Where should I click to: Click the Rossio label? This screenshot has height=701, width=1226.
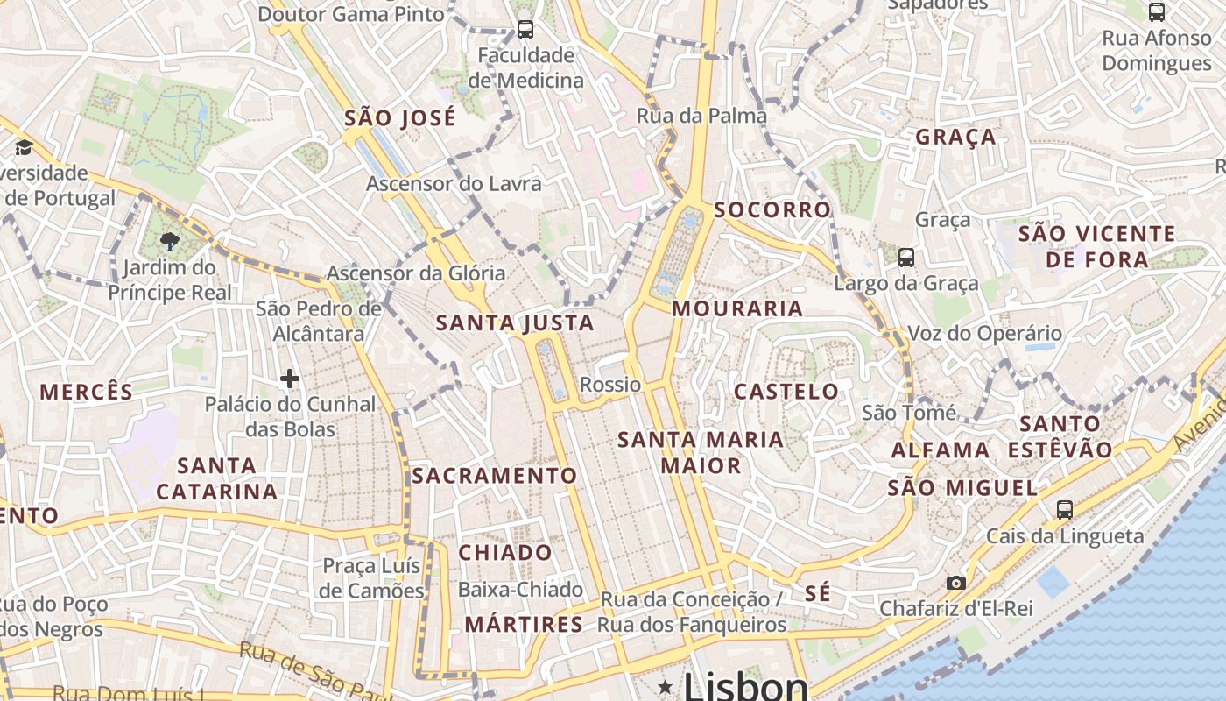click(610, 385)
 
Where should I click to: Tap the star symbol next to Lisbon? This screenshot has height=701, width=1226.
click(666, 685)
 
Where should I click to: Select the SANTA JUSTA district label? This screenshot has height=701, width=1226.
click(515, 323)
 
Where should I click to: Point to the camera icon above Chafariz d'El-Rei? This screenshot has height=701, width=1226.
click(955, 583)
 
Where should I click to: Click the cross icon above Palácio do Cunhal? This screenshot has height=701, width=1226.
click(290, 379)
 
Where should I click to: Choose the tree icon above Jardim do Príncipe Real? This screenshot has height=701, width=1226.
click(170, 241)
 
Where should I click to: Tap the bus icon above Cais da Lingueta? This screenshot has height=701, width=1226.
click(1065, 510)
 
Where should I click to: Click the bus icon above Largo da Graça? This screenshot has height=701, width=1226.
click(906, 258)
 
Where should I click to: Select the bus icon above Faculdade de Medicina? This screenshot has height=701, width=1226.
click(525, 30)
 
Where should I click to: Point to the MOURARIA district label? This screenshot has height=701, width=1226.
click(737, 308)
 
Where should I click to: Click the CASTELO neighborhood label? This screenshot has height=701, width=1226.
click(786, 392)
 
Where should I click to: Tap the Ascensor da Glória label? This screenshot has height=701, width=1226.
click(416, 273)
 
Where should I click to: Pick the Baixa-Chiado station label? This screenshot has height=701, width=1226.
click(520, 589)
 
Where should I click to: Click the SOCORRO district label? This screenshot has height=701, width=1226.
click(772, 210)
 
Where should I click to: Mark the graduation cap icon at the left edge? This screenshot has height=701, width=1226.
click(24, 146)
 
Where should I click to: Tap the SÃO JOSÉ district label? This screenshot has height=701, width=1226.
click(399, 118)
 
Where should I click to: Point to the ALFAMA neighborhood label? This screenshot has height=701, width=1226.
click(941, 450)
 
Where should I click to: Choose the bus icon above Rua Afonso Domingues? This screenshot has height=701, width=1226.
click(1157, 12)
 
